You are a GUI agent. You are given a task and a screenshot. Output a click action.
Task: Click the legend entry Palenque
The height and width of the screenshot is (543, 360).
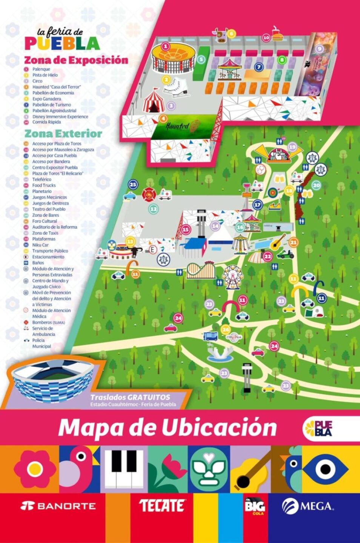pos(41,69)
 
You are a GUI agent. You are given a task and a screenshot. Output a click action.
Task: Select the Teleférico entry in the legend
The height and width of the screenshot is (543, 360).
pos(42,179)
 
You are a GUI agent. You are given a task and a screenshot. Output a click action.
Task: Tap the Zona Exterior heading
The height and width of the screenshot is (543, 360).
pos(63,134)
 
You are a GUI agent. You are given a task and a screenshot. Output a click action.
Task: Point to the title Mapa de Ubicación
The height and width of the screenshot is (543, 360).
pos(168,428)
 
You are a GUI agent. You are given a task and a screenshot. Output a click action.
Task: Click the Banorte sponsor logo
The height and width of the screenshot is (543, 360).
pos(58,506)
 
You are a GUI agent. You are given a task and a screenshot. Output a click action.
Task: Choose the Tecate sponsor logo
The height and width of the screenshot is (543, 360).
pos(162,506)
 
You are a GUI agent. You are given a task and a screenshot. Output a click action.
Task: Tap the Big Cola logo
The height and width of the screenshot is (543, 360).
pos(255,506)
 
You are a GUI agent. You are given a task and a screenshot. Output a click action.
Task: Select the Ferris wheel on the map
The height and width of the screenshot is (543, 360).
pos(232,276)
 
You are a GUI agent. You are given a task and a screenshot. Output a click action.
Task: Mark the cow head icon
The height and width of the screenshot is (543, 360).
pos(220,35)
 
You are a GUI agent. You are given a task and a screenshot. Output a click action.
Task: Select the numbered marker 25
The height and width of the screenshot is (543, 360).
pos(133,184)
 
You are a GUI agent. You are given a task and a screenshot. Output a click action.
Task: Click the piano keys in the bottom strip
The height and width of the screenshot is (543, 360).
pos(124,469)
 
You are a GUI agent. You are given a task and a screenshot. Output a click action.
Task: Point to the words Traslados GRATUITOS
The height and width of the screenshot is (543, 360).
pos(130,397)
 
